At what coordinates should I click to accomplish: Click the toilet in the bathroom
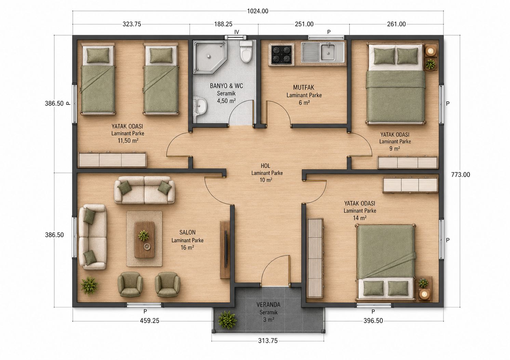246,52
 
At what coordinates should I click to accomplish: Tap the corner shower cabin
210,57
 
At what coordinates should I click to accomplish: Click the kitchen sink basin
328,52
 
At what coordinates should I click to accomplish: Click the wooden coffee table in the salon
144,240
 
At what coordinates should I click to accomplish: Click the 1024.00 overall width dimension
258,11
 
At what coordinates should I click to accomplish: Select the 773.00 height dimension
460,175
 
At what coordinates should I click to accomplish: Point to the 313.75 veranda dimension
268,341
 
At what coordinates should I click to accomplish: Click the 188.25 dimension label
223,24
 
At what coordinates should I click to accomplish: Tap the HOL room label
266,165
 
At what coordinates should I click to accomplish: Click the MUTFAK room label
304,87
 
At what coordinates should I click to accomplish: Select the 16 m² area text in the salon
187,247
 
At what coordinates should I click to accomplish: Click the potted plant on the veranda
227,320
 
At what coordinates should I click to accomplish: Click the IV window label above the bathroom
237,32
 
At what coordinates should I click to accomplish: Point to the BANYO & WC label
226,86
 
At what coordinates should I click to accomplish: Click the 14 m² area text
360,218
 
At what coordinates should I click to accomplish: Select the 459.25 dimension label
150,321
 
